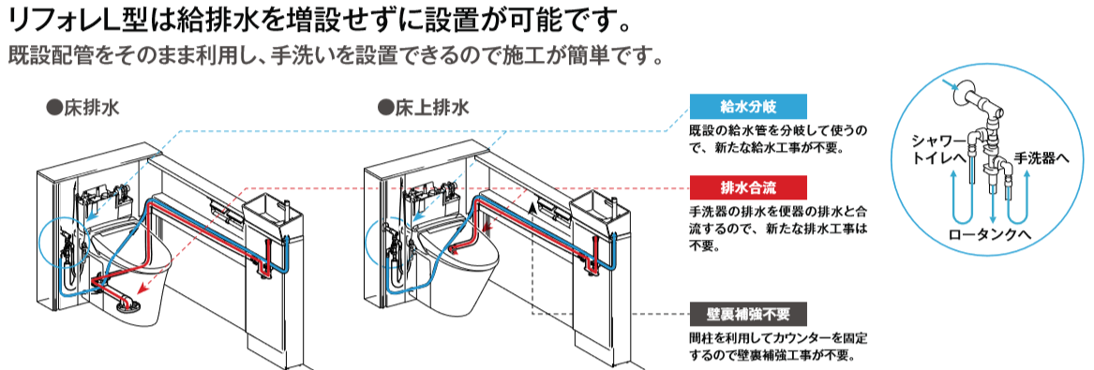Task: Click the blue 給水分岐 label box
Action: (748, 107)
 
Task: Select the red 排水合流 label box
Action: (748, 187)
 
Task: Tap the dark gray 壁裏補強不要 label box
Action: (748, 314)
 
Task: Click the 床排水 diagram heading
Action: (82, 108)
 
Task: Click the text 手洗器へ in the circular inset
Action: (1041, 159)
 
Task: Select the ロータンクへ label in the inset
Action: (989, 235)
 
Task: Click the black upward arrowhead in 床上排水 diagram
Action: (532, 205)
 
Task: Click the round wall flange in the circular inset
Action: (964, 94)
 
